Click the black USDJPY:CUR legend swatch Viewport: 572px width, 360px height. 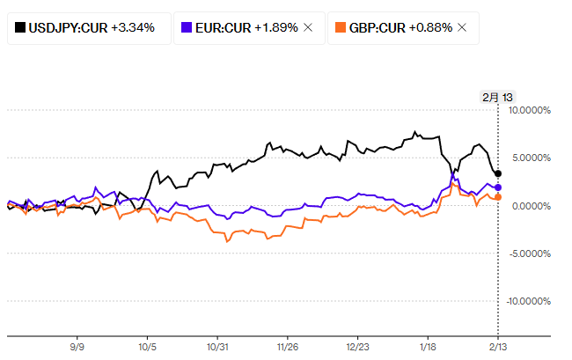coord(19,27)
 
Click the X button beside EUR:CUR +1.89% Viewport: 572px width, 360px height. coord(307,27)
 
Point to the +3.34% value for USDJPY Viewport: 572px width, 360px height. coord(133,27)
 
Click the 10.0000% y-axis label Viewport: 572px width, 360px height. coord(528,110)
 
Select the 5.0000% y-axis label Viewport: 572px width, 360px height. coord(530,158)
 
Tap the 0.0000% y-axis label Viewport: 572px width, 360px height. coord(530,206)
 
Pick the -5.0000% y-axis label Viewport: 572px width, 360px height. coord(528,253)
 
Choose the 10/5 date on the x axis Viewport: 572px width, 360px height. coord(147,347)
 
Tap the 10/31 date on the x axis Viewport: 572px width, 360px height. coord(217,347)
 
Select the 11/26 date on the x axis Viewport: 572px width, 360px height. coord(288,347)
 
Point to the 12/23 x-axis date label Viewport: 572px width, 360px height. coord(358,347)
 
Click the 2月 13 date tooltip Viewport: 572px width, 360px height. coord(497,97)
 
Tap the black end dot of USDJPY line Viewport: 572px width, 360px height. coord(499,174)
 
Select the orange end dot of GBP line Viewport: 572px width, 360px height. coord(498,197)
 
